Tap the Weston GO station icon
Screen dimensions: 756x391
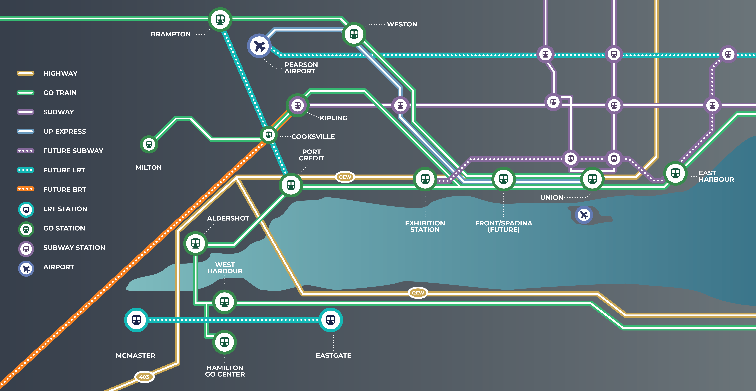coord(354,34)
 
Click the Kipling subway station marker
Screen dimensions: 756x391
coord(298,105)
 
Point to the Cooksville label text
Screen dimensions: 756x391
coord(313,136)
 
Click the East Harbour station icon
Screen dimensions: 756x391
coord(675,173)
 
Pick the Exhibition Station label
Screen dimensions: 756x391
coord(425,226)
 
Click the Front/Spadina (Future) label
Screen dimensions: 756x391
coord(504,226)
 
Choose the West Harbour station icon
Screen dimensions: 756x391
coord(224,302)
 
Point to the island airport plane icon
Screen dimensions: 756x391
coord(584,215)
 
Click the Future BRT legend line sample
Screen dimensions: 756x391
coord(25,189)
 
